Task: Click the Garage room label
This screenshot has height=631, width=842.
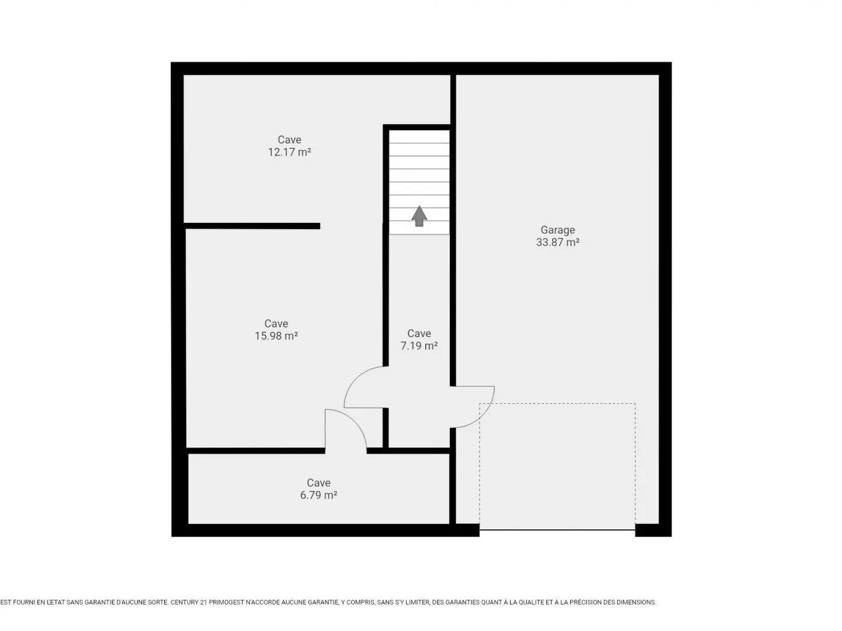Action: [558, 230]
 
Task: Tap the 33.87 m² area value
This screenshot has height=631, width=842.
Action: [558, 242]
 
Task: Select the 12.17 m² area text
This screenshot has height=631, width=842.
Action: [289, 152]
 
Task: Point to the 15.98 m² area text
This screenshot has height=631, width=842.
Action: [276, 335]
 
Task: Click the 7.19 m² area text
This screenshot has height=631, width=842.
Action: [419, 346]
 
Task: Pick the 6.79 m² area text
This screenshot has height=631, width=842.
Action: [318, 495]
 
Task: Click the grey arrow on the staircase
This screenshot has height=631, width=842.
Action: [419, 216]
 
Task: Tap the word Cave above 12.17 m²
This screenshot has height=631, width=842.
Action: [289, 139]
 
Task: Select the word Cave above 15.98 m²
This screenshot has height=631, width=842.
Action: [276, 323]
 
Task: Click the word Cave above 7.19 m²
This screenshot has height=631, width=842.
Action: [419, 334]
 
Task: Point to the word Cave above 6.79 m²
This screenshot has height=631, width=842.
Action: [318, 483]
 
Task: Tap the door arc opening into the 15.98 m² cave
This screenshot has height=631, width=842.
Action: [355, 378]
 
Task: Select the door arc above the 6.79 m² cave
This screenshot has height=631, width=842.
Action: [355, 421]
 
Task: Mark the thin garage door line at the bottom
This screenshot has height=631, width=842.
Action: [558, 530]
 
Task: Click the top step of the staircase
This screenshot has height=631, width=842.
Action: [419, 136]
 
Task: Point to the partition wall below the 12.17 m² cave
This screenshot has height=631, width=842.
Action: [252, 226]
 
